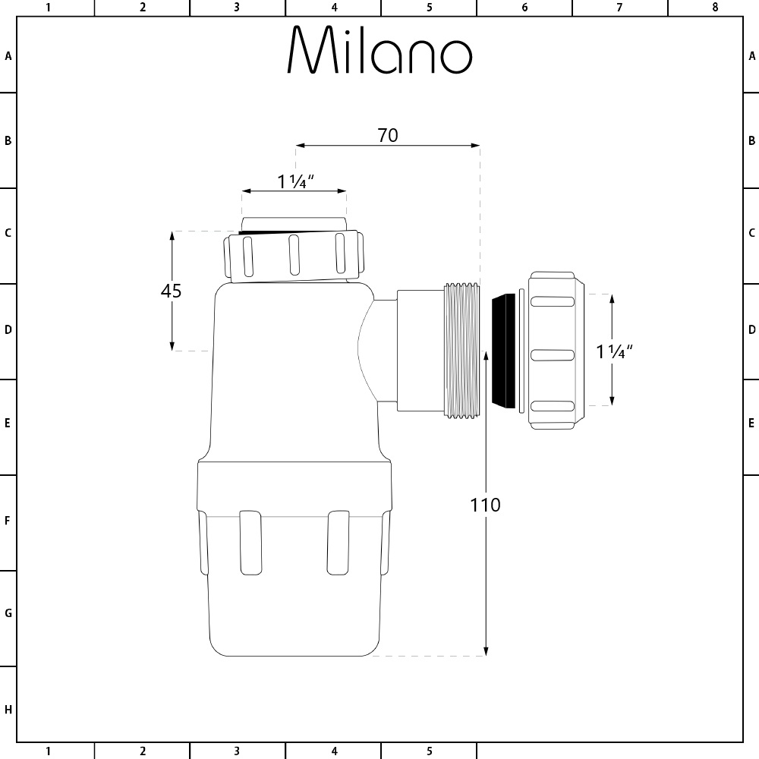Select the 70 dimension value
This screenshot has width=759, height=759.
tap(387, 135)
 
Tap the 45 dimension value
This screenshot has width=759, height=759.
tap(172, 291)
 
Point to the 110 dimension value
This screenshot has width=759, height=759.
tap(485, 505)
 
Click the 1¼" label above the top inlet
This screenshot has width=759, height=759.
tap(295, 182)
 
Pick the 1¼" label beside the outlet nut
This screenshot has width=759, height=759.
tap(614, 351)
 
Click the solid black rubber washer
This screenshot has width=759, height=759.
tap(502, 350)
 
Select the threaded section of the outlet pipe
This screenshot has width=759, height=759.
tap(461, 350)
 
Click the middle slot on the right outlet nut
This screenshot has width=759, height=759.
tap(550, 354)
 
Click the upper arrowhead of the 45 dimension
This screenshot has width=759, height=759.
tap(172, 236)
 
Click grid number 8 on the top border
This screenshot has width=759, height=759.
tap(714, 8)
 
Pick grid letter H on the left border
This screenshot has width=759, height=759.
tap(8, 710)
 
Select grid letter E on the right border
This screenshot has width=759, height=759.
tap(751, 423)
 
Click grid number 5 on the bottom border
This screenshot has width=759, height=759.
tap(429, 751)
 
